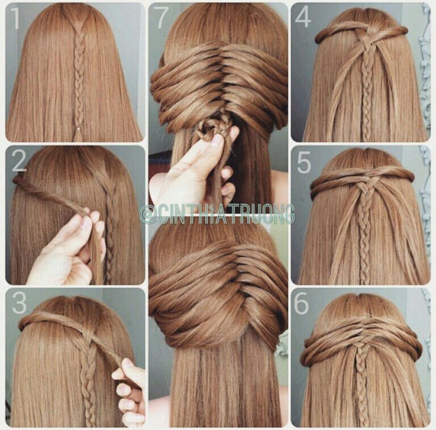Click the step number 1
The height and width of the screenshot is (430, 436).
coord(15,18)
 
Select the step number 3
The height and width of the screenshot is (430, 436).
coord(19,303)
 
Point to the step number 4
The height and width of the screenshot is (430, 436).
coord(303,17)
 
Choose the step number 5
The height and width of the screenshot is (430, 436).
coord(304,163)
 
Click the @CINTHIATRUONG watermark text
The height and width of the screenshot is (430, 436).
coord(217,214)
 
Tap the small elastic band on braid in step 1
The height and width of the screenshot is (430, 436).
coord(79,130)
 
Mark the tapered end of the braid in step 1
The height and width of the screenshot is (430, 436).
coord(78,136)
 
